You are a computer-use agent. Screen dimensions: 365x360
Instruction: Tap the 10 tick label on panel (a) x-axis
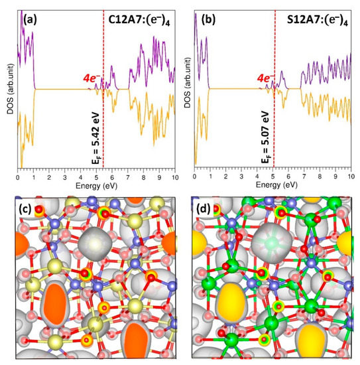click(174, 178)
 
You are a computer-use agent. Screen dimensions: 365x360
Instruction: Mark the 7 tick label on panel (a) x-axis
click(127, 178)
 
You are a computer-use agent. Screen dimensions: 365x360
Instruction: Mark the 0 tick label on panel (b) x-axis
click(194, 178)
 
